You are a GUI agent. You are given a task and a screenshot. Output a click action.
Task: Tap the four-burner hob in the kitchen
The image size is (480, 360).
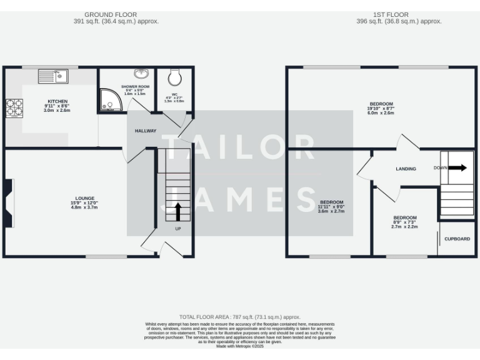(14, 108)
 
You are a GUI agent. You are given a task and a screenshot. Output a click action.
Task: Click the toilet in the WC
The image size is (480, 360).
(174, 77)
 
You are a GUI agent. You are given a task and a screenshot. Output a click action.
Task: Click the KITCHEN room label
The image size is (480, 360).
(57, 101)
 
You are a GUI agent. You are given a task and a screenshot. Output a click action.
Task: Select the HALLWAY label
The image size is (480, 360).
(146, 131)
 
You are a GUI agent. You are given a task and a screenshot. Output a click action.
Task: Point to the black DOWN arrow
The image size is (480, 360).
(457, 167)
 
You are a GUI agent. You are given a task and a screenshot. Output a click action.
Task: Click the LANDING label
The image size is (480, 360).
(406, 169)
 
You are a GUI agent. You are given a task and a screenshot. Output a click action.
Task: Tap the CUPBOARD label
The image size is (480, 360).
(457, 239)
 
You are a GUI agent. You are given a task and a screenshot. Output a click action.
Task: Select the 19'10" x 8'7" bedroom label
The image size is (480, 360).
(381, 104)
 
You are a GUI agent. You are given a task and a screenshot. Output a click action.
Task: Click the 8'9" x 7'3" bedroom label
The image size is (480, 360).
(404, 218)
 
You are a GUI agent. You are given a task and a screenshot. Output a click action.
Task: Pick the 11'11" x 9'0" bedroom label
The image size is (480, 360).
(332, 202)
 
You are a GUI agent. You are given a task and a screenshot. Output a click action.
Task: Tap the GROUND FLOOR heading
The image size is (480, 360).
(111, 14)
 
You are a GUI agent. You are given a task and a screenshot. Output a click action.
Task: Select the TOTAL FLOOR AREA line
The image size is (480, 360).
(240, 317)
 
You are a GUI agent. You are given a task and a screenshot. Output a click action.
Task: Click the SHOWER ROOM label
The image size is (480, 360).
(135, 87)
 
